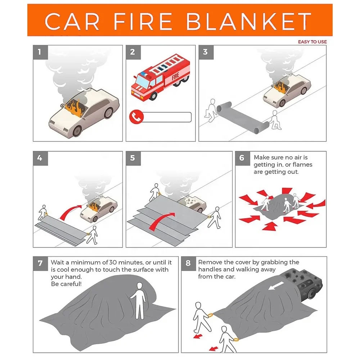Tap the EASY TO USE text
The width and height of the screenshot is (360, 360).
(x=312, y=42)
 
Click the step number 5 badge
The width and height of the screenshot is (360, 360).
(x=132, y=158)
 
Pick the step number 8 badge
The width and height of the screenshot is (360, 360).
(x=188, y=263)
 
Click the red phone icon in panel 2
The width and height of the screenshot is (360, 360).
(x=136, y=117)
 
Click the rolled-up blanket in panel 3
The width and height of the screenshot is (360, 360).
(x=240, y=116)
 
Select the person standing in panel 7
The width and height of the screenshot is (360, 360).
(x=138, y=300)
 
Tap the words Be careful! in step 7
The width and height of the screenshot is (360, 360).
(x=66, y=284)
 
